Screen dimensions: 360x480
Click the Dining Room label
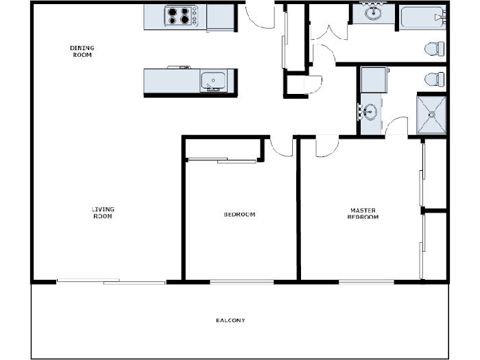pyautogui.click(x=82, y=51)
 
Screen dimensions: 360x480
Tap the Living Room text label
pyautogui.click(x=103, y=213)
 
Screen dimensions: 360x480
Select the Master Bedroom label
pyautogui.click(x=364, y=214)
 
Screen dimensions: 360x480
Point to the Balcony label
pyautogui.click(x=230, y=321)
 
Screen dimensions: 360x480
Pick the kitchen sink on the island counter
pyautogui.click(x=213, y=81)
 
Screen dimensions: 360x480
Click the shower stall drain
pyautogui.click(x=431, y=115)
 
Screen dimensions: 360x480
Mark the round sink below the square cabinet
pyautogui.click(x=370, y=110)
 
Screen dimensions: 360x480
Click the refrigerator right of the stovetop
pyautogui.click(x=220, y=17)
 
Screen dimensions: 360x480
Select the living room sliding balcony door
pyautogui.click(x=111, y=280)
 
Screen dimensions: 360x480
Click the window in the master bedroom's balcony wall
pyautogui.click(x=366, y=280)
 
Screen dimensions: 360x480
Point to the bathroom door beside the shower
pyautogui.click(x=396, y=127)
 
